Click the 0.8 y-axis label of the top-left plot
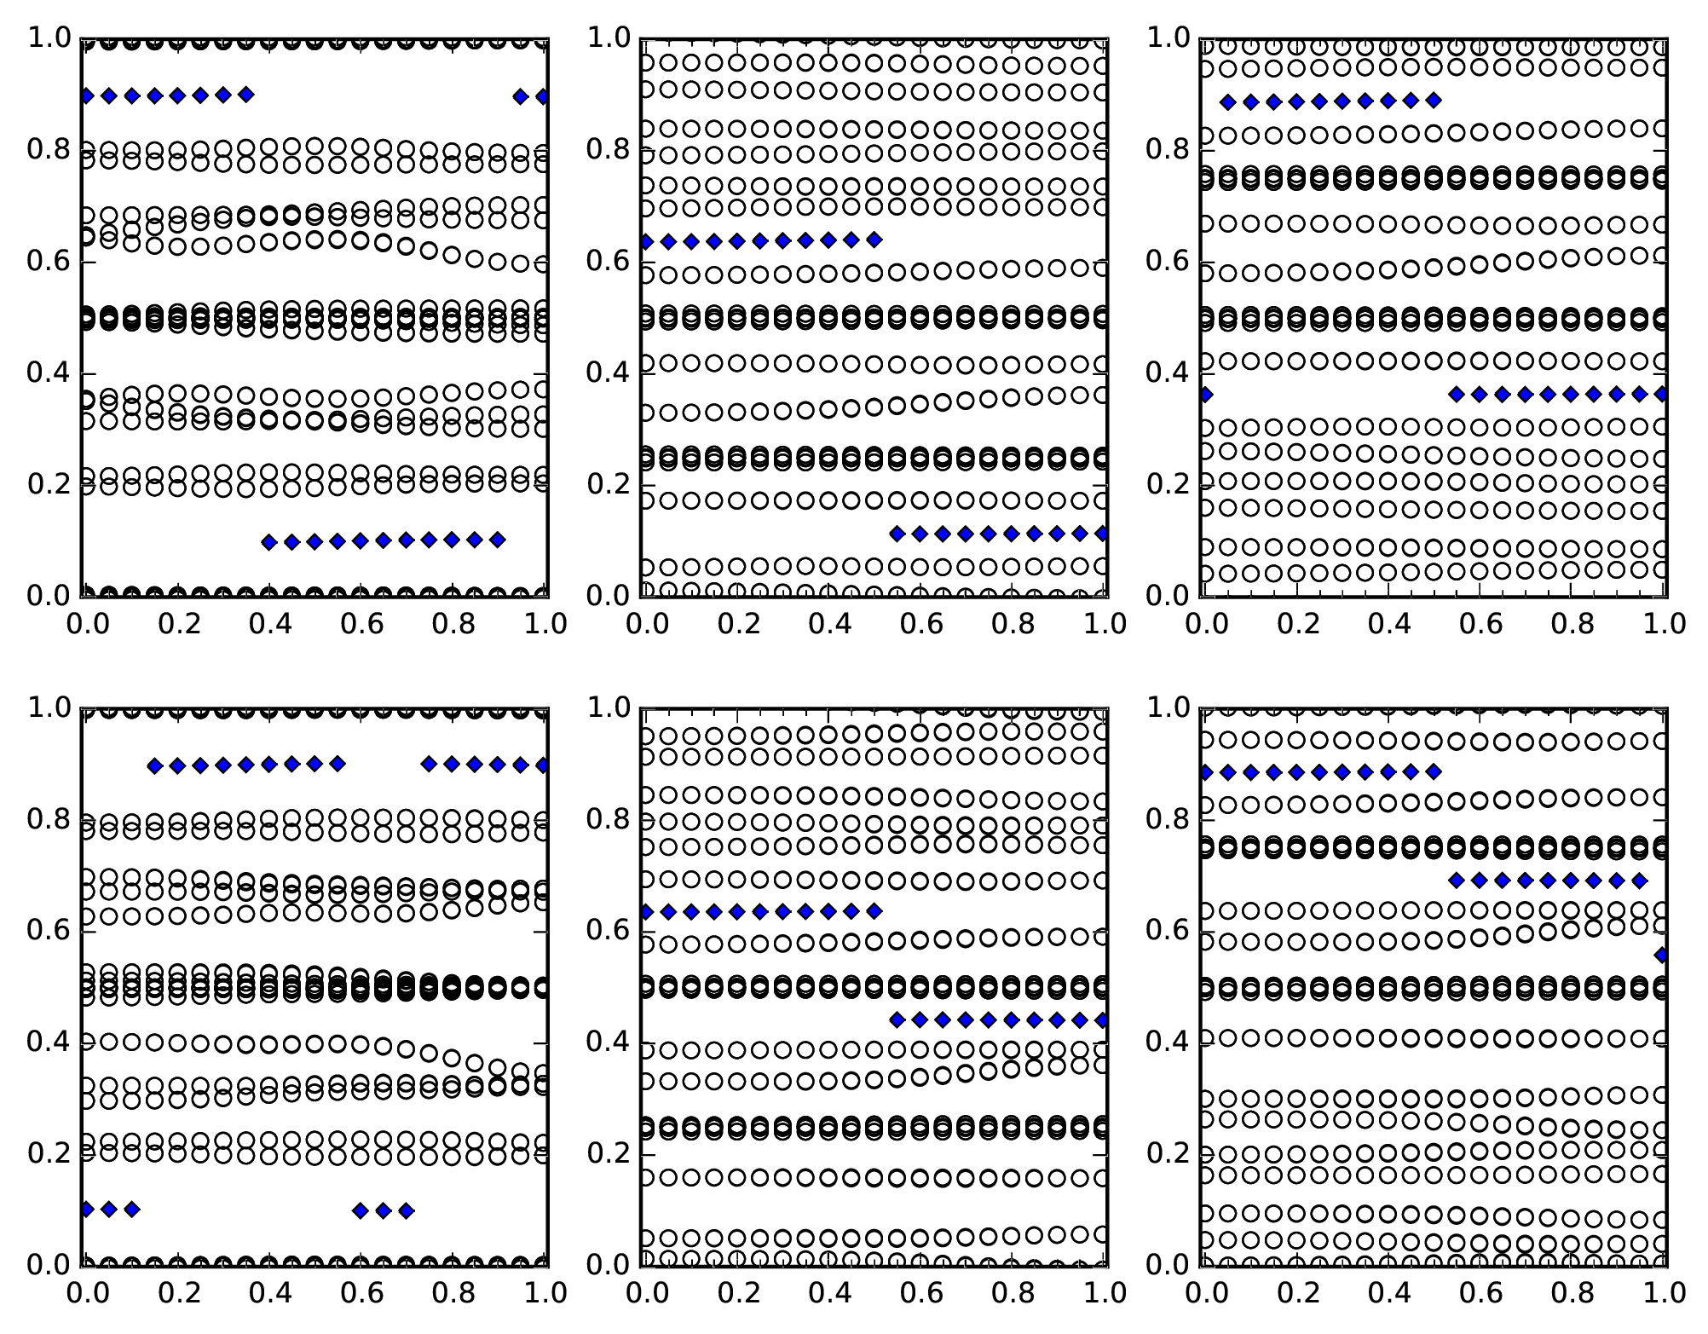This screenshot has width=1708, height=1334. point(49,150)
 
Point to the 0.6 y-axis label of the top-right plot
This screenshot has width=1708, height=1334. point(1167,262)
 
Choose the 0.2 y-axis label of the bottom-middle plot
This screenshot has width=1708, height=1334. point(608,1153)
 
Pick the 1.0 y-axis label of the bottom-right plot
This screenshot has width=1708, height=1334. point(1167,707)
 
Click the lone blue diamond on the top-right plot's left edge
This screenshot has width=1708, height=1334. point(1204,395)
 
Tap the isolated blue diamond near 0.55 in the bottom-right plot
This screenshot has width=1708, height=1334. point(1661,956)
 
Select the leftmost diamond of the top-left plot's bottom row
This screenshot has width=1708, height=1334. point(269,542)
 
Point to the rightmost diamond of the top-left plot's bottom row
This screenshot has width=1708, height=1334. point(498,540)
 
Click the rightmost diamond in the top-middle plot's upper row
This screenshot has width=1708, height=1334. point(874,240)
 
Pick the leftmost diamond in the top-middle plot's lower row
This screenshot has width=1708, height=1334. point(897,534)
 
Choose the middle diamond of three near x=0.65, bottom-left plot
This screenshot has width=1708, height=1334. point(384,1210)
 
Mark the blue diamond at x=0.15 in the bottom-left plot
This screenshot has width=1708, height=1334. point(154,766)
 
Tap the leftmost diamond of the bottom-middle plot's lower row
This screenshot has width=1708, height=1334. point(897,1019)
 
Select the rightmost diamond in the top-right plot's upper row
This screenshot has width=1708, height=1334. point(1434,101)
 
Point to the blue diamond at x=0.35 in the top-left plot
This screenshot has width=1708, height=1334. point(245,95)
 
